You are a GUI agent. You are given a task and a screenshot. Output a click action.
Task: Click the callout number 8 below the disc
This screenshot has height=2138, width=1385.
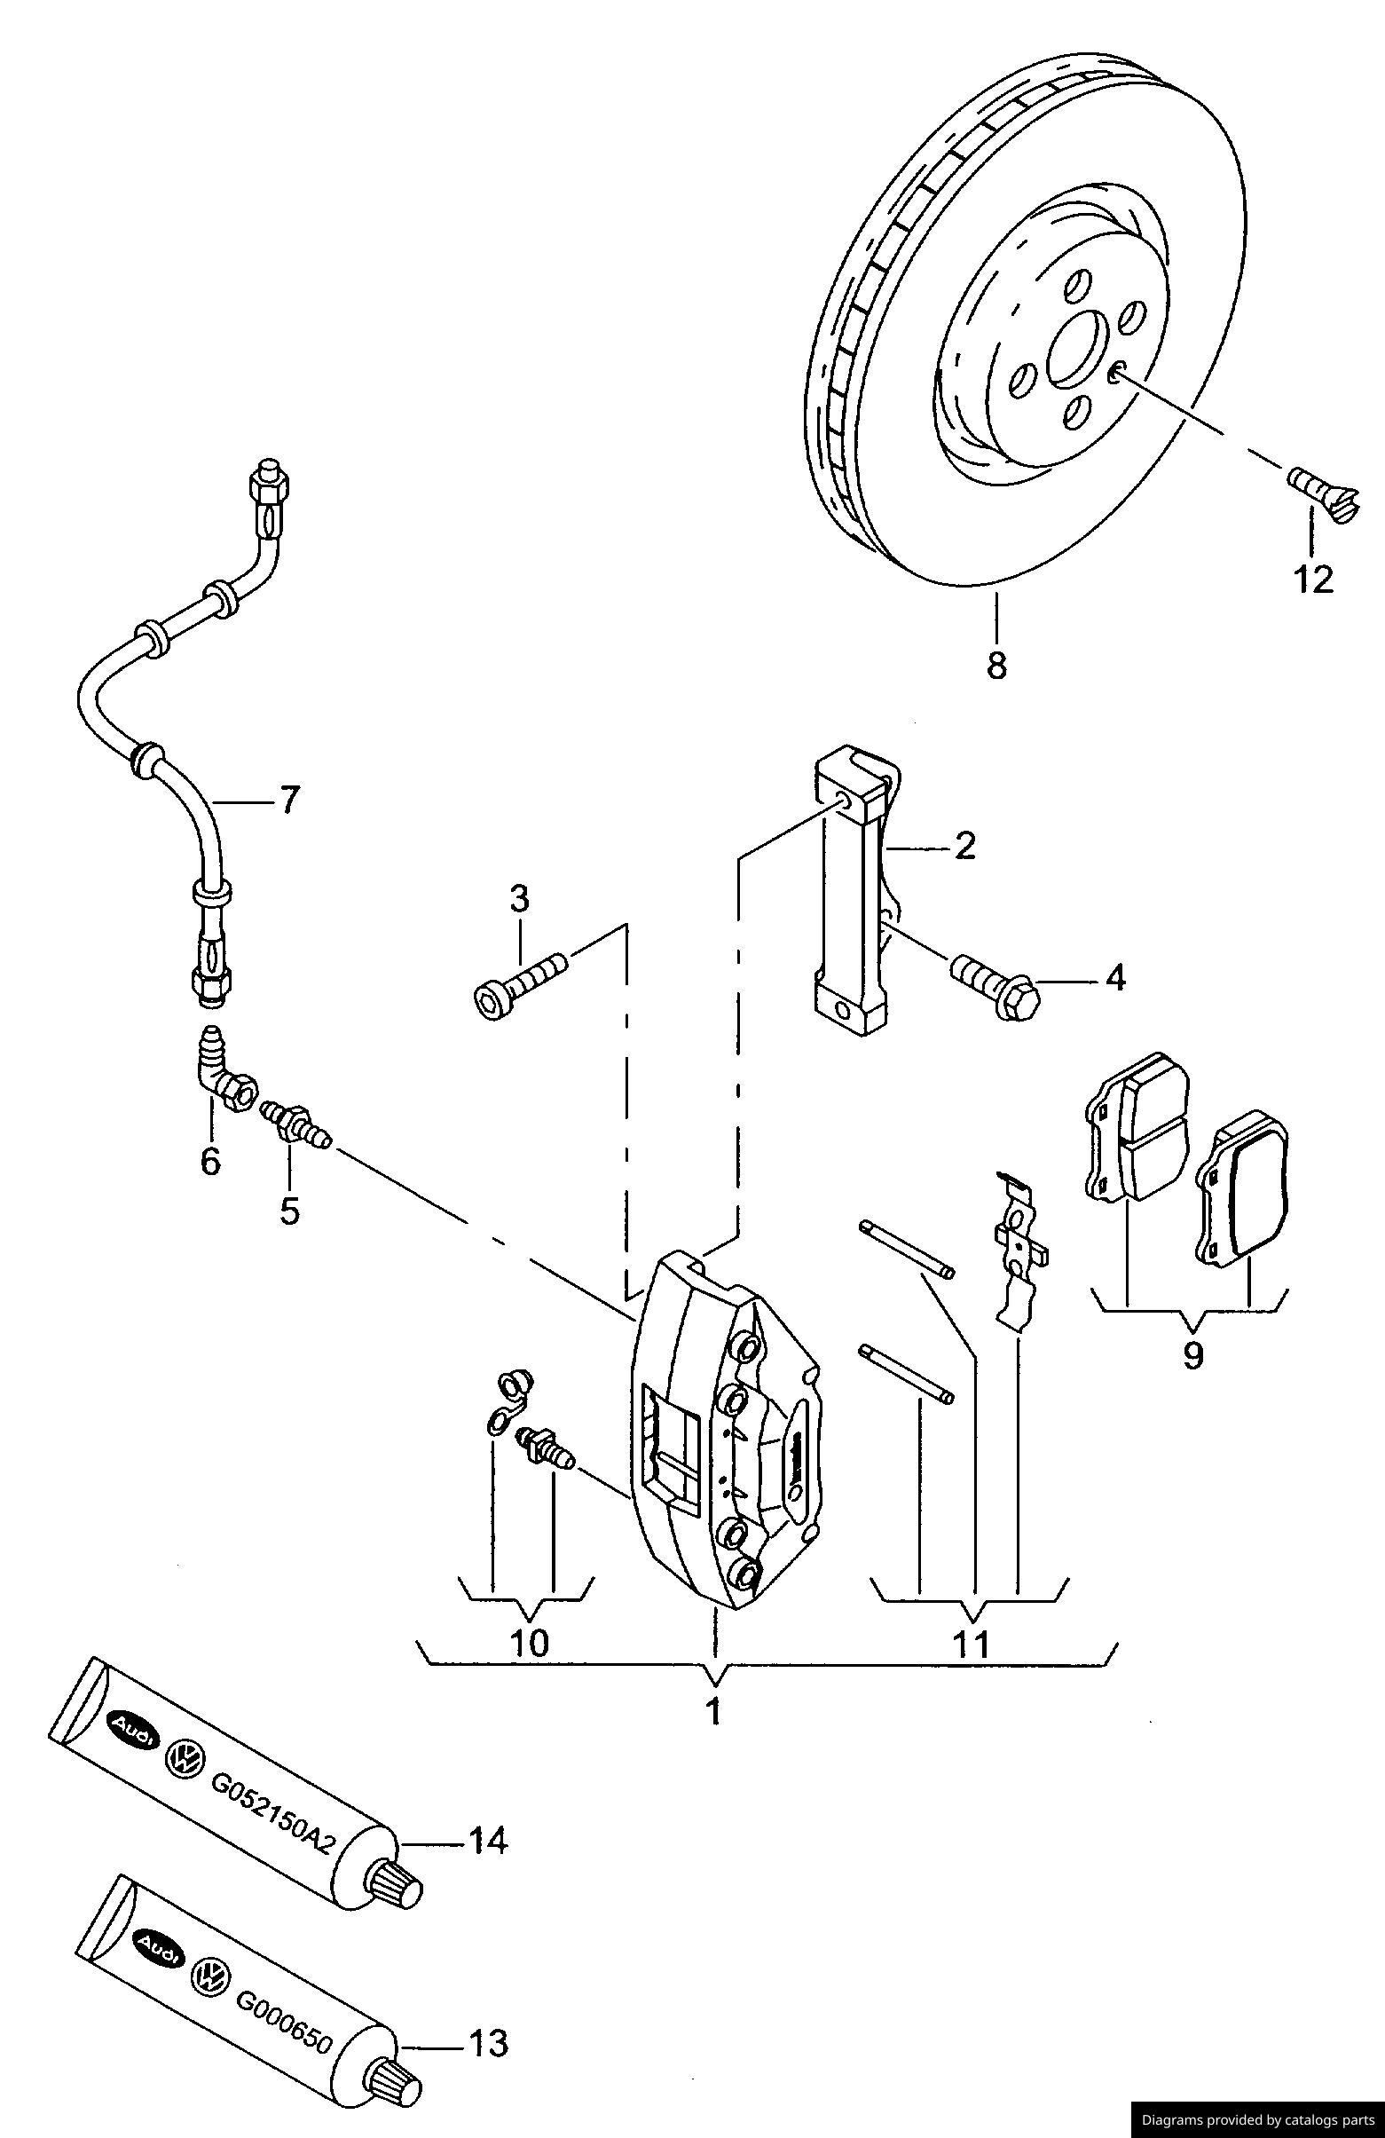pyautogui.click(x=995, y=666)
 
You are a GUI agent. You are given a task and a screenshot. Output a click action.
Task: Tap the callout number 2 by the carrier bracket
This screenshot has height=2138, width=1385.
pyautogui.click(x=964, y=845)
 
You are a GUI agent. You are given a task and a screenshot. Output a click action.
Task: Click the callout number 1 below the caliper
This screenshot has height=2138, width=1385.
pyautogui.click(x=714, y=1712)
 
